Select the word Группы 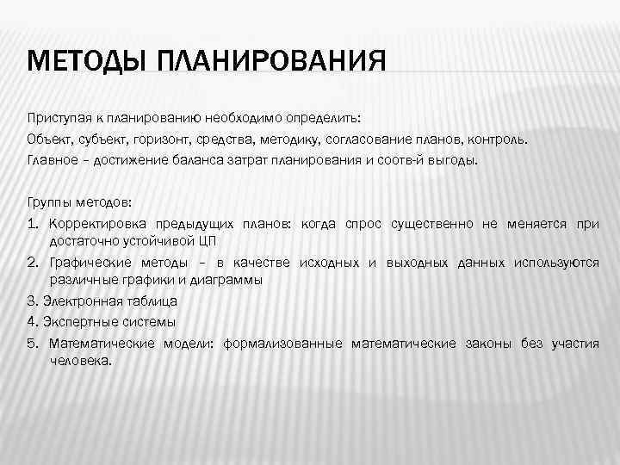[50, 203]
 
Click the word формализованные [282, 344]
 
